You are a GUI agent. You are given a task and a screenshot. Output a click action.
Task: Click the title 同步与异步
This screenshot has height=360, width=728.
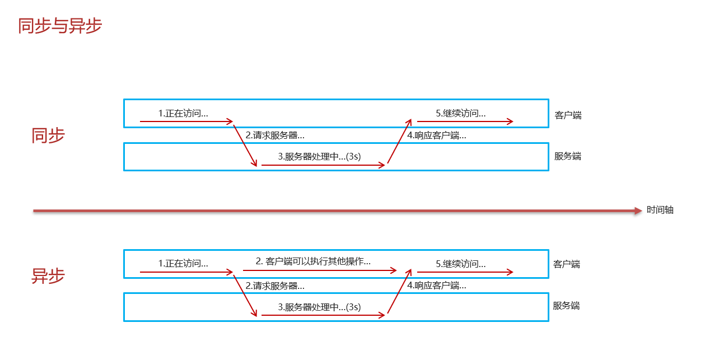click(x=60, y=26)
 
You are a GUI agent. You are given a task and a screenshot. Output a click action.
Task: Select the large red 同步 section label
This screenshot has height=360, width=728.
click(x=48, y=135)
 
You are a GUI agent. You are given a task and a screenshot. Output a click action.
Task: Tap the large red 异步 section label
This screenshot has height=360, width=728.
click(x=48, y=275)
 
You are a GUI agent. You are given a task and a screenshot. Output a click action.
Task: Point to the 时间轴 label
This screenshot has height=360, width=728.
click(x=660, y=210)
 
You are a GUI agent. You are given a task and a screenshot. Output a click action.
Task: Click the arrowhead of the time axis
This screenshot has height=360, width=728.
click(x=637, y=211)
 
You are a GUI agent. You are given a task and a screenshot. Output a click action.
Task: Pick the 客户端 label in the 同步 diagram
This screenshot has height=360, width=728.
click(x=568, y=115)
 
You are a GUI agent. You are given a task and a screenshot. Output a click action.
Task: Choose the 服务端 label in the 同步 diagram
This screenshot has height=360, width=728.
click(x=568, y=156)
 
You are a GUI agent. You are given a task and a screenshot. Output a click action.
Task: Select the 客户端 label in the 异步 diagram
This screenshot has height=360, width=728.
click(x=566, y=264)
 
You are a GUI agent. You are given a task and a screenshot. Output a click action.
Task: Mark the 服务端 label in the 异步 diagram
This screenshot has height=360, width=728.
click(x=566, y=306)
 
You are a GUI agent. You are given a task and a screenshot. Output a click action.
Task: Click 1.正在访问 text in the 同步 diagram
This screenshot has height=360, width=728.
click(x=183, y=113)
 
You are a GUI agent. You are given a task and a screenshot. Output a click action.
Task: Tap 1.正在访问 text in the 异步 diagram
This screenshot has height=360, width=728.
click(x=183, y=263)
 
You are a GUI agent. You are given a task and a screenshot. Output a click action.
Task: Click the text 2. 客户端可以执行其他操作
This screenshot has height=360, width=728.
click(x=313, y=261)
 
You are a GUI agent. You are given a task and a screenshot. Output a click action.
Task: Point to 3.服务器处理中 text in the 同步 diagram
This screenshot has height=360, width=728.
click(x=319, y=157)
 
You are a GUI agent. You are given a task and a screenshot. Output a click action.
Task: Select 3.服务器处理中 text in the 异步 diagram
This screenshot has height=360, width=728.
click(x=319, y=307)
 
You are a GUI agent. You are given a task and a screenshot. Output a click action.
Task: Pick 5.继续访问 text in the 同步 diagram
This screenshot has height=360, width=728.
click(x=461, y=113)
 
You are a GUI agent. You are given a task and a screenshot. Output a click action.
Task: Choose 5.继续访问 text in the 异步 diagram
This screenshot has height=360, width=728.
click(x=461, y=263)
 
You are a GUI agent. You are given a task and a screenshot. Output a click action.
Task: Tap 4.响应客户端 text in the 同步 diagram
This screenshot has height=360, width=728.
click(x=437, y=135)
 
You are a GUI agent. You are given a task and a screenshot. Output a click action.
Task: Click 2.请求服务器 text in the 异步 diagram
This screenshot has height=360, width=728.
click(x=275, y=286)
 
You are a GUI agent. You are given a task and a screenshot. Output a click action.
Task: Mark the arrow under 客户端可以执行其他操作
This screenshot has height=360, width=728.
click(x=319, y=270)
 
